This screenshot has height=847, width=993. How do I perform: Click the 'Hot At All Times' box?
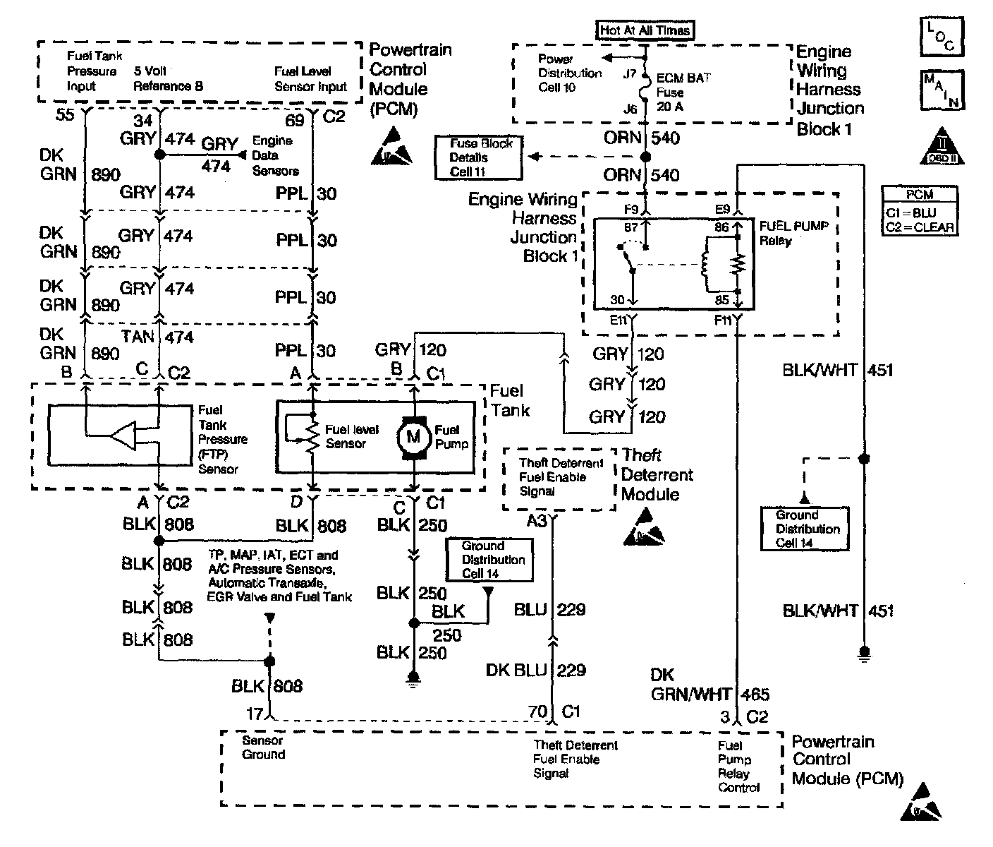tap(645, 30)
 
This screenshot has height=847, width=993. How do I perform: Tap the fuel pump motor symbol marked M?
tap(413, 437)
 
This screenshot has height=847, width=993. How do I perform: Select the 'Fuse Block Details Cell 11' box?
tap(478, 157)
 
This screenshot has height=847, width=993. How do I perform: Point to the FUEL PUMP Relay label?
tap(793, 233)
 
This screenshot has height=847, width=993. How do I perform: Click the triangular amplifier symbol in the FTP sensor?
tap(123, 437)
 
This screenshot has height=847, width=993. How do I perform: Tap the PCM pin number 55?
tap(65, 114)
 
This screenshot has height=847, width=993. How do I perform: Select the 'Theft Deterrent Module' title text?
tap(657, 474)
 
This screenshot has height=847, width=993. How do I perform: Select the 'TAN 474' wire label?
tap(157, 337)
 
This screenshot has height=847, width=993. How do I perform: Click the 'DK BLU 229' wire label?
tap(536, 670)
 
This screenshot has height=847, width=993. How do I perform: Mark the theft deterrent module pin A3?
tap(537, 521)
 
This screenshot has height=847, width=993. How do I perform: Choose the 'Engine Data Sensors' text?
tap(275, 155)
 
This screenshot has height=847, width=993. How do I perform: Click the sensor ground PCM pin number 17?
tap(255, 714)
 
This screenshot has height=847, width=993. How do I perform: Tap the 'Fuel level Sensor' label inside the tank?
tap(351, 437)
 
